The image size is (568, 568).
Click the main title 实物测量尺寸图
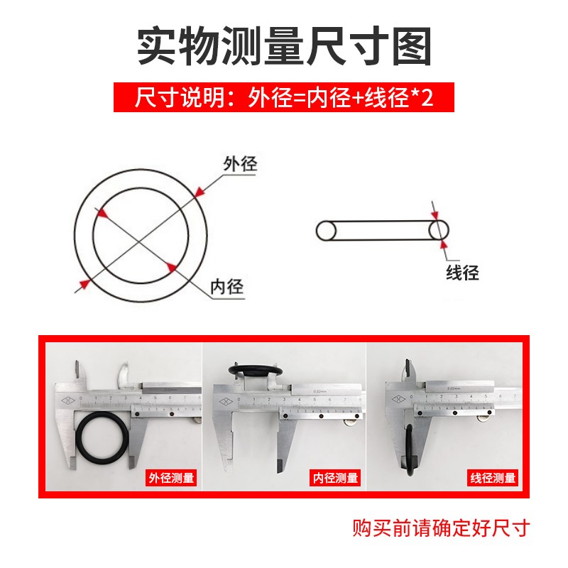click(x=284, y=46)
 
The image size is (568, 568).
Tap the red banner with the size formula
click(x=284, y=97)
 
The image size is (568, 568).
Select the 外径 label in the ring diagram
click(x=239, y=164)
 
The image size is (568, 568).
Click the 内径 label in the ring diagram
click(x=226, y=287)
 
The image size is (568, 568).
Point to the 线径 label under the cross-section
click(x=462, y=271)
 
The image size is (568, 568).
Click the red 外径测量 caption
click(x=170, y=478)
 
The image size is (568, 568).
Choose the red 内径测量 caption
click(x=335, y=478)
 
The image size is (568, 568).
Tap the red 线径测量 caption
click(x=492, y=478)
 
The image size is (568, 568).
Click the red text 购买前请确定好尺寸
click(x=442, y=528)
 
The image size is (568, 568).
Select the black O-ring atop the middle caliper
click(x=256, y=371)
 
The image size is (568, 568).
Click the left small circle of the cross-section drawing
click(x=326, y=231)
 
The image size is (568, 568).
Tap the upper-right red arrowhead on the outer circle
click(x=200, y=191)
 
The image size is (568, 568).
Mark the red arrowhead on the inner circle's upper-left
click(x=104, y=212)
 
